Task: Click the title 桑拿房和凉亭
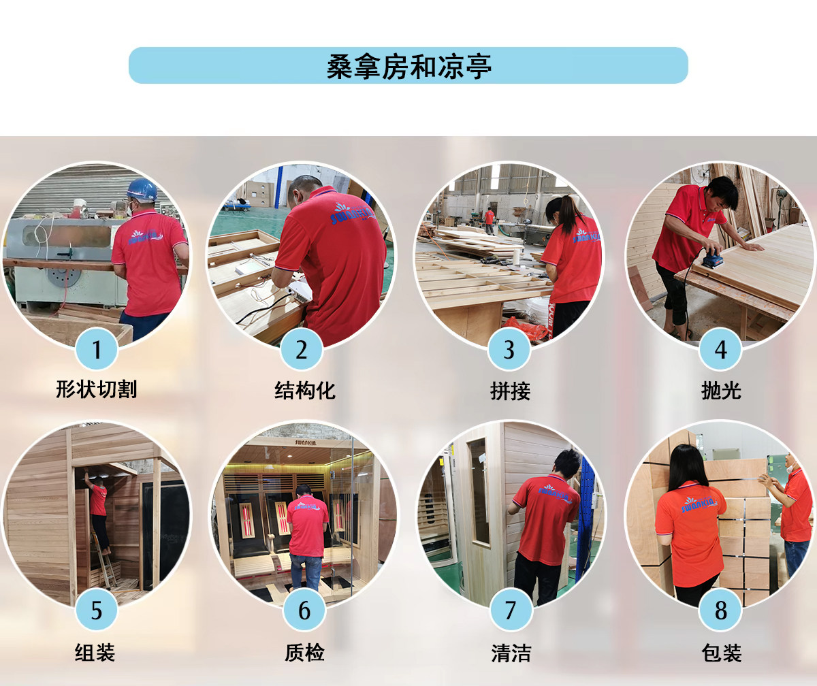(409, 67)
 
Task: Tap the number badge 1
(96, 349)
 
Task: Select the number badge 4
(720, 349)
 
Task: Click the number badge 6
(304, 609)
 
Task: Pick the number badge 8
(720, 609)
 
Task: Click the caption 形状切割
(96, 389)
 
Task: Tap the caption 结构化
(305, 391)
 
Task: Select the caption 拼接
(510, 391)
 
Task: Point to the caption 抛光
(721, 391)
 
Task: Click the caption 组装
(95, 653)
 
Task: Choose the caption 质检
(304, 653)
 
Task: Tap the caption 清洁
(511, 653)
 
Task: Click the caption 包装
(721, 653)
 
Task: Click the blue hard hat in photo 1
(142, 190)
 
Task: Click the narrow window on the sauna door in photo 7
(478, 492)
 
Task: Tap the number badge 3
(509, 349)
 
